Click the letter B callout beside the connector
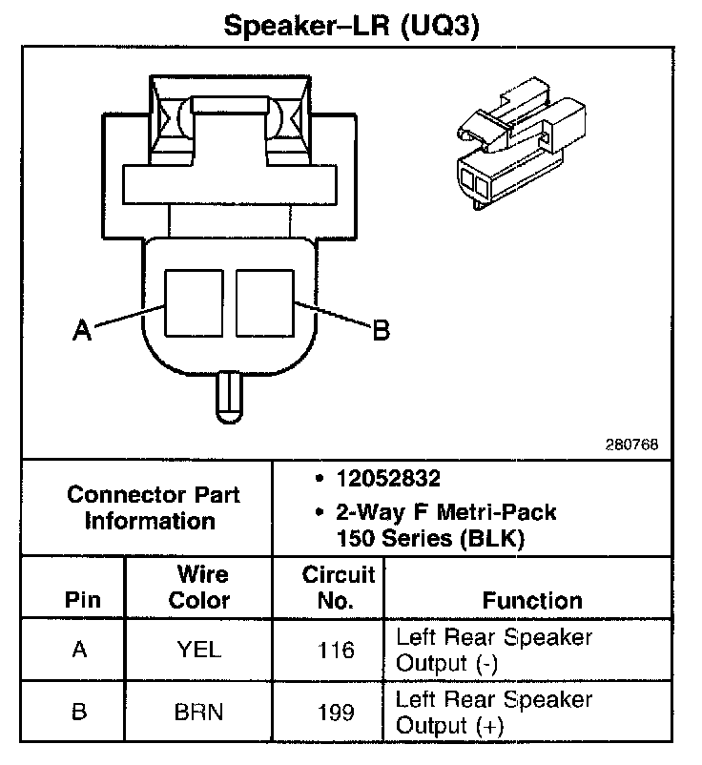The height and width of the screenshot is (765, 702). (x=381, y=330)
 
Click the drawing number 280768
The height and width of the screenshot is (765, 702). (x=630, y=445)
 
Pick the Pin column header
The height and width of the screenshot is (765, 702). (x=82, y=601)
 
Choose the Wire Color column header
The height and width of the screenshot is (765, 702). (x=200, y=588)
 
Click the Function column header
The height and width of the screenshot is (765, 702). (x=532, y=601)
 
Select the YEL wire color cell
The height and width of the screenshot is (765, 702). (x=199, y=651)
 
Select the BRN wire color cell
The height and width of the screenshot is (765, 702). (x=199, y=713)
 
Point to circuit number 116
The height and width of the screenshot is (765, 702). (x=336, y=651)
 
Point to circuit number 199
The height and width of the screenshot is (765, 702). (x=336, y=713)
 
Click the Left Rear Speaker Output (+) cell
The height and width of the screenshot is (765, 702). (x=493, y=713)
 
